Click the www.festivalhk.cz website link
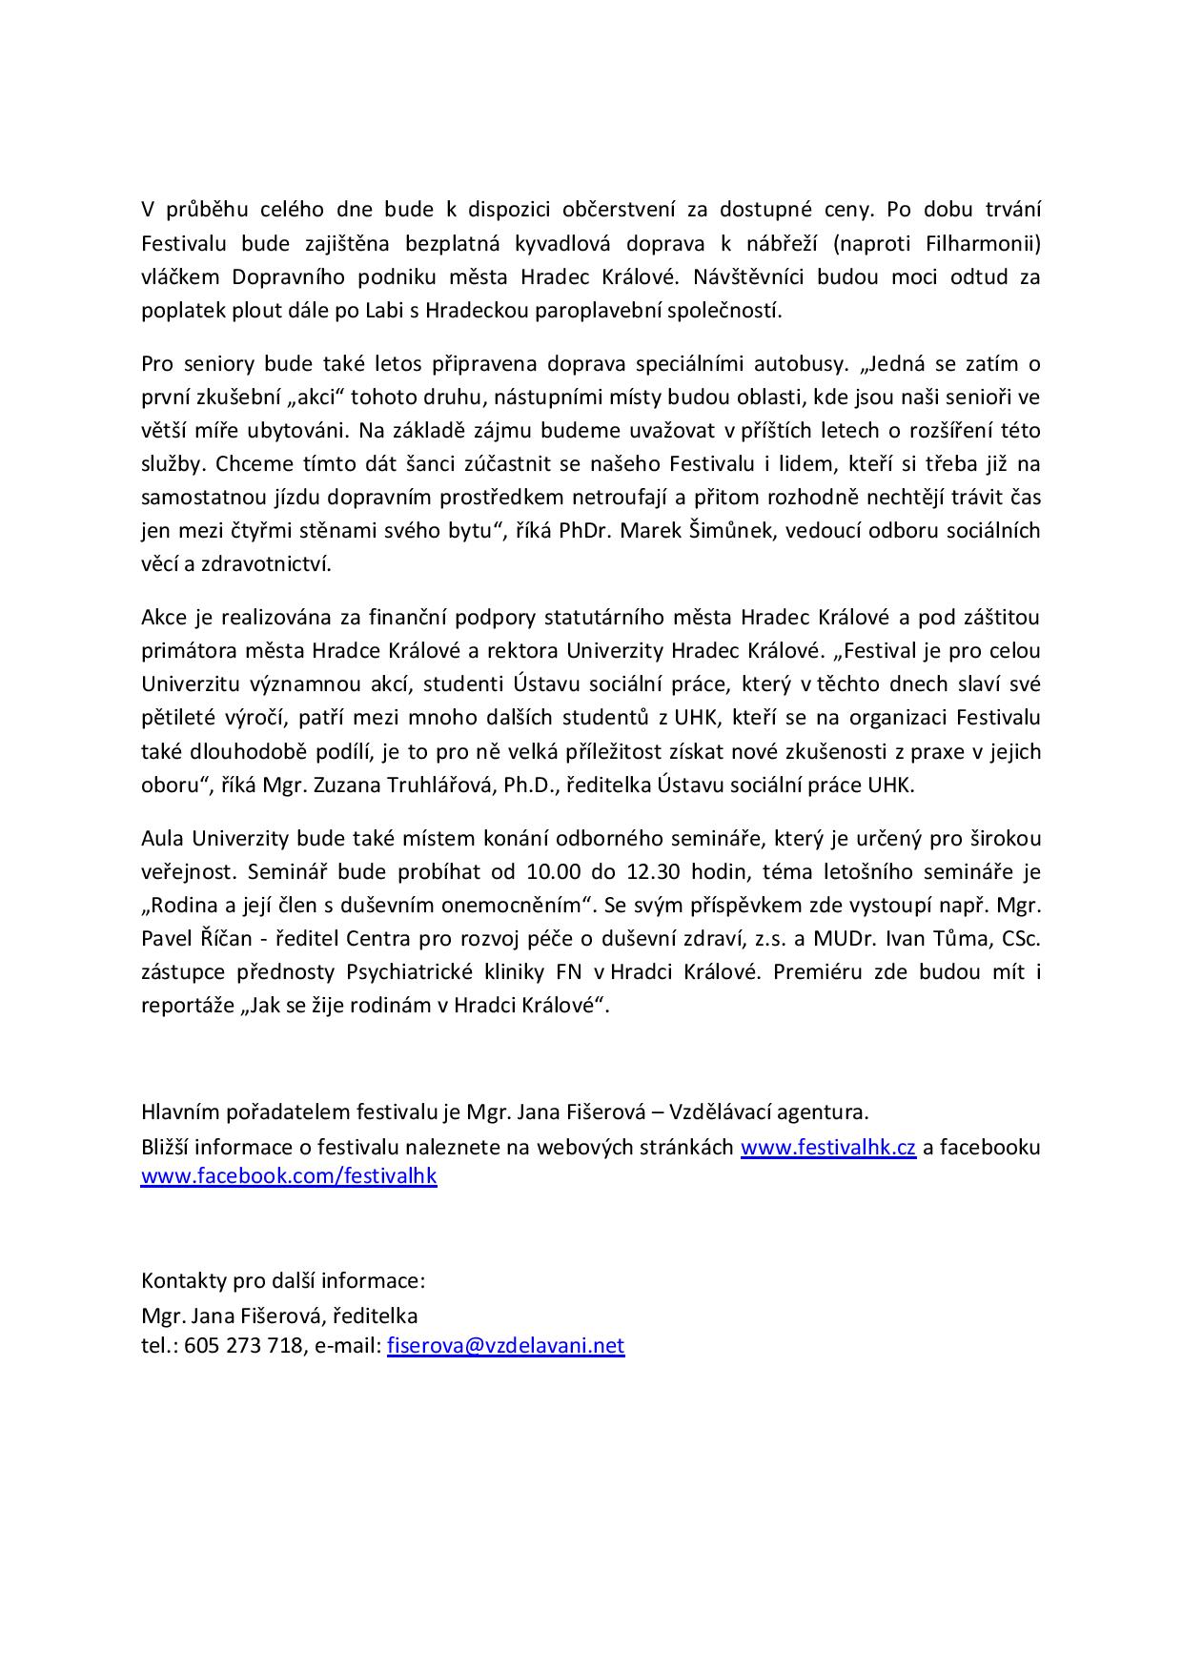click(827, 1148)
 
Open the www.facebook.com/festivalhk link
click(289, 1176)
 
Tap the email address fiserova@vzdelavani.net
click(505, 1346)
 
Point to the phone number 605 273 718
click(243, 1346)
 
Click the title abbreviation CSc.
click(1020, 939)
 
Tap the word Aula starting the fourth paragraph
click(162, 839)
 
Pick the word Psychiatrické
click(406, 972)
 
